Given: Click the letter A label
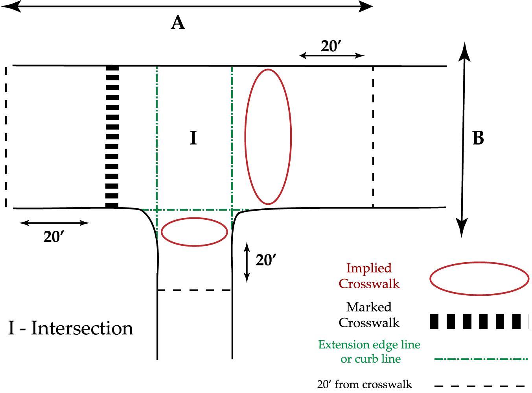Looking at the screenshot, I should click(178, 22).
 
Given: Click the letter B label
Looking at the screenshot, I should click(478, 138).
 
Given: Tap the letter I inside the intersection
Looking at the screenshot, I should click(193, 138).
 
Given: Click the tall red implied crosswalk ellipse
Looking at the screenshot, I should click(268, 137).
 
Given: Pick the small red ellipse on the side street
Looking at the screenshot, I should click(194, 232).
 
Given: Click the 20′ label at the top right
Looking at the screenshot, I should click(331, 46).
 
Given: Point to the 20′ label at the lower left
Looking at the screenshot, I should click(54, 237).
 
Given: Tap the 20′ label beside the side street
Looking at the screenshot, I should click(266, 260).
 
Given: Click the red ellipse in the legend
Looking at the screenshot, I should click(479, 278).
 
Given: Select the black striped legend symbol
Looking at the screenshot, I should click(479, 321).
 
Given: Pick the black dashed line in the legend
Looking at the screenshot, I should click(480, 386).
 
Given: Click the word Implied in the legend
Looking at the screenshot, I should click(369, 268).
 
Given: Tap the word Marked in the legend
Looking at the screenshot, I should click(369, 307).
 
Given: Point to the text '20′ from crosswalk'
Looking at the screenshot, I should click(364, 384).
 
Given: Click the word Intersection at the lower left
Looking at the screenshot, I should click(82, 328).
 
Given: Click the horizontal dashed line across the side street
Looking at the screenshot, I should click(194, 290).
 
